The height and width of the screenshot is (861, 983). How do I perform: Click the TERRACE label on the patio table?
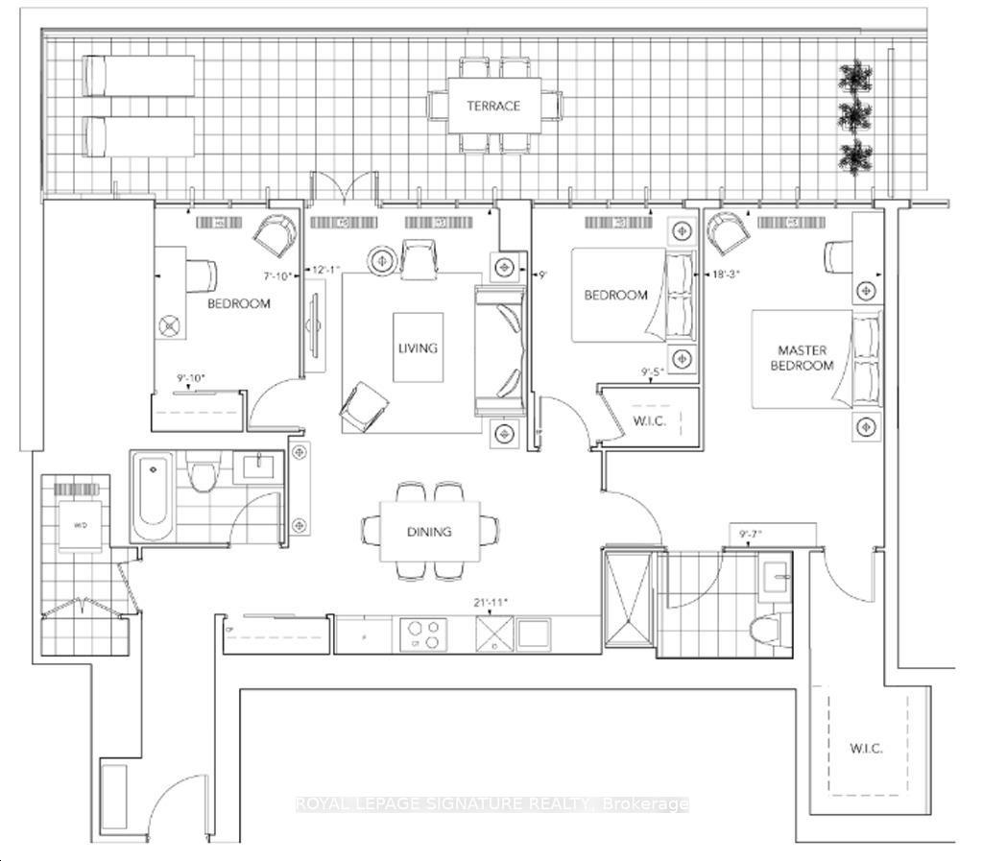pos(493,106)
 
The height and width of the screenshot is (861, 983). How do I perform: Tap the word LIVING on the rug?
pos(418,348)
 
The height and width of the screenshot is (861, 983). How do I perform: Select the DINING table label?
pos(428,531)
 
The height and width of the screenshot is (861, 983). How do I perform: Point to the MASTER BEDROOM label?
pos(804,358)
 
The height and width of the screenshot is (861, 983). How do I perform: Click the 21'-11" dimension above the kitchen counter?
pos(490,604)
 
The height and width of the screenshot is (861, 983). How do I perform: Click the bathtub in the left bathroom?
pos(152,497)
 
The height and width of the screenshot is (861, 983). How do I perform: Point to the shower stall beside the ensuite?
pos(629,600)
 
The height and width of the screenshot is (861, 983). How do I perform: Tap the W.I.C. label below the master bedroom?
pos(866,748)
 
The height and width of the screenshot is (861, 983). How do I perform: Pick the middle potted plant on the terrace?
pos(851,116)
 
